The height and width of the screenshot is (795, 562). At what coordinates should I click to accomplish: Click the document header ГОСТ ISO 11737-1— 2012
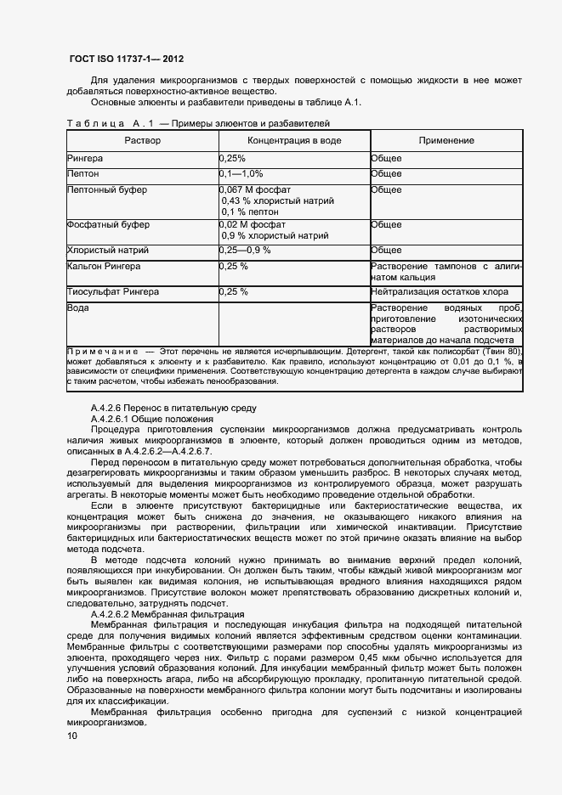coord(126,59)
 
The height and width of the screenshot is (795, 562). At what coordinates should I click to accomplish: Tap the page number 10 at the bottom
coord(71,736)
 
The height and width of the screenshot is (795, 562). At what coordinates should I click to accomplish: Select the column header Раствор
coord(142,140)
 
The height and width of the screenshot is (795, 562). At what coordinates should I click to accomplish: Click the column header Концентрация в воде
coord(294,140)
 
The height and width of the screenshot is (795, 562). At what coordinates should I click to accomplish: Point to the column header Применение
coord(446,140)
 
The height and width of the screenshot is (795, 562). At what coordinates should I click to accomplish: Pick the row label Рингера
coord(85,159)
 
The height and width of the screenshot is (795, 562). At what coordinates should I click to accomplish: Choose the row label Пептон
coord(82,174)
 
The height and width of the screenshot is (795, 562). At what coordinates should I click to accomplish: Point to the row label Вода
coord(78,308)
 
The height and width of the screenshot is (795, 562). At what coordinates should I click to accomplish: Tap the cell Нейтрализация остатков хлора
coord(440,292)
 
